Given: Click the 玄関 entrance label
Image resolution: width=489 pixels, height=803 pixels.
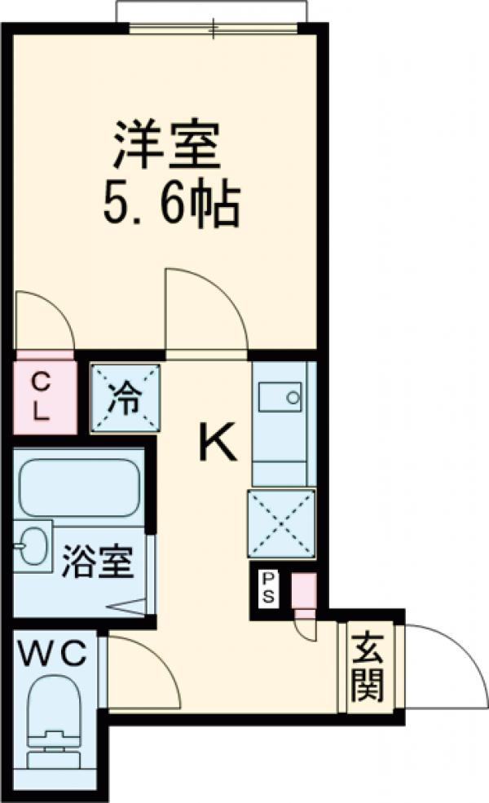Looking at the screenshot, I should point(368,668).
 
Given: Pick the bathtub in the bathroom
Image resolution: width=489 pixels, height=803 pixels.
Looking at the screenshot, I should point(78,488).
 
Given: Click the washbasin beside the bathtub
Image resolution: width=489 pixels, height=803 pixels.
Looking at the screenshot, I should point(32,545).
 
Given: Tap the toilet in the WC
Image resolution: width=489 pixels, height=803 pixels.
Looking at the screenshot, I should point(53,717).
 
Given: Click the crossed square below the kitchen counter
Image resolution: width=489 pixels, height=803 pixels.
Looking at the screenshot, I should point(280,524).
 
